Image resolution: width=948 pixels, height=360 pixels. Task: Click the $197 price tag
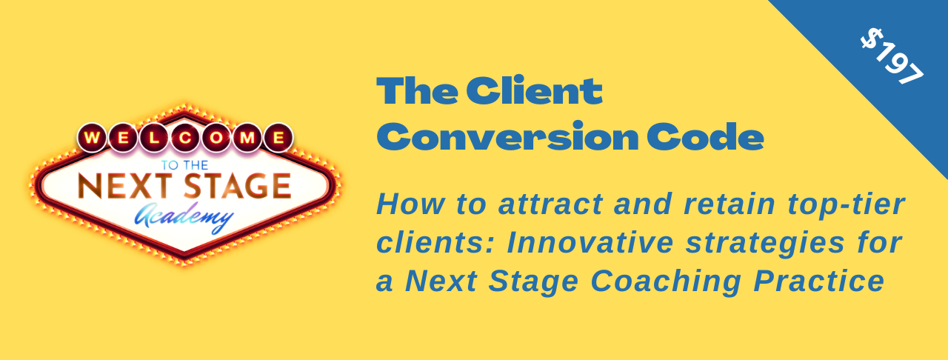click(x=893, y=59)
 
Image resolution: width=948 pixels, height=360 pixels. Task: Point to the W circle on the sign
click(x=92, y=138)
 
